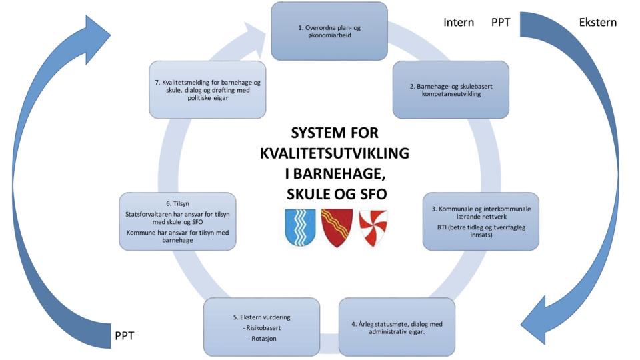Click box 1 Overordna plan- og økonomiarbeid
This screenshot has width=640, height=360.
click(x=329, y=31)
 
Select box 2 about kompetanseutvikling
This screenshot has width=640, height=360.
click(x=451, y=90)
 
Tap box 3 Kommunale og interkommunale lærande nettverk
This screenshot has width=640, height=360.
click(x=481, y=221)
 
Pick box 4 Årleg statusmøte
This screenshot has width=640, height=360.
click(x=397, y=327)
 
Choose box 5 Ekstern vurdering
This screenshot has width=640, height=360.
click(x=261, y=327)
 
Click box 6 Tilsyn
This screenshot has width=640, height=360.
click(x=177, y=221)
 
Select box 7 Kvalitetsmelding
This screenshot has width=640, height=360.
click(x=207, y=90)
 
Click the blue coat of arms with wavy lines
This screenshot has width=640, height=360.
click(x=301, y=227)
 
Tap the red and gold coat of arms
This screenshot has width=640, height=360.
click(x=337, y=228)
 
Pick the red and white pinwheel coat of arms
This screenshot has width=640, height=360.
click(x=373, y=228)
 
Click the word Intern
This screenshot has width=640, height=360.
click(x=459, y=23)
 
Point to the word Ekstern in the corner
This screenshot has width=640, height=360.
click(x=597, y=23)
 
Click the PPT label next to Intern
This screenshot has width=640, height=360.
click(x=501, y=23)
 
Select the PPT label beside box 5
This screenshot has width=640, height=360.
click(x=125, y=336)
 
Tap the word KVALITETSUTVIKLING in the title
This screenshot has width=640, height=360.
click(x=335, y=153)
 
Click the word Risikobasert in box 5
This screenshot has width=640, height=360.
click(x=261, y=328)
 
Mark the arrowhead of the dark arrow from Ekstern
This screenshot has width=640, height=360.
click(x=538, y=321)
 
